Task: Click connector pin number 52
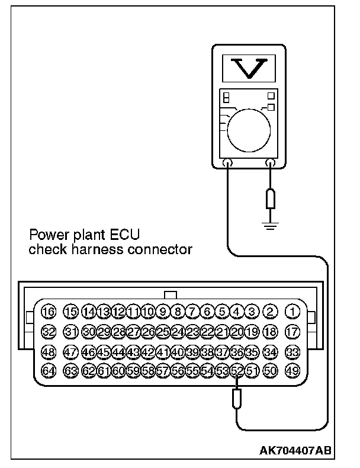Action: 237,371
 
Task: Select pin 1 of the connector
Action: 292,311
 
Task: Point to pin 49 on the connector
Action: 292,371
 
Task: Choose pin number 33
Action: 292,351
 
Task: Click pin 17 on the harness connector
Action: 292,331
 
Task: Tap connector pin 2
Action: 270,311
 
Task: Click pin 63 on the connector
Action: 71,371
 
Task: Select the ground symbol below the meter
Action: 270,225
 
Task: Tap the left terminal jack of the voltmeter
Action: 227,164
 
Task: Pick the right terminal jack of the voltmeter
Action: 270,164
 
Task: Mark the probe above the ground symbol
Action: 270,199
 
